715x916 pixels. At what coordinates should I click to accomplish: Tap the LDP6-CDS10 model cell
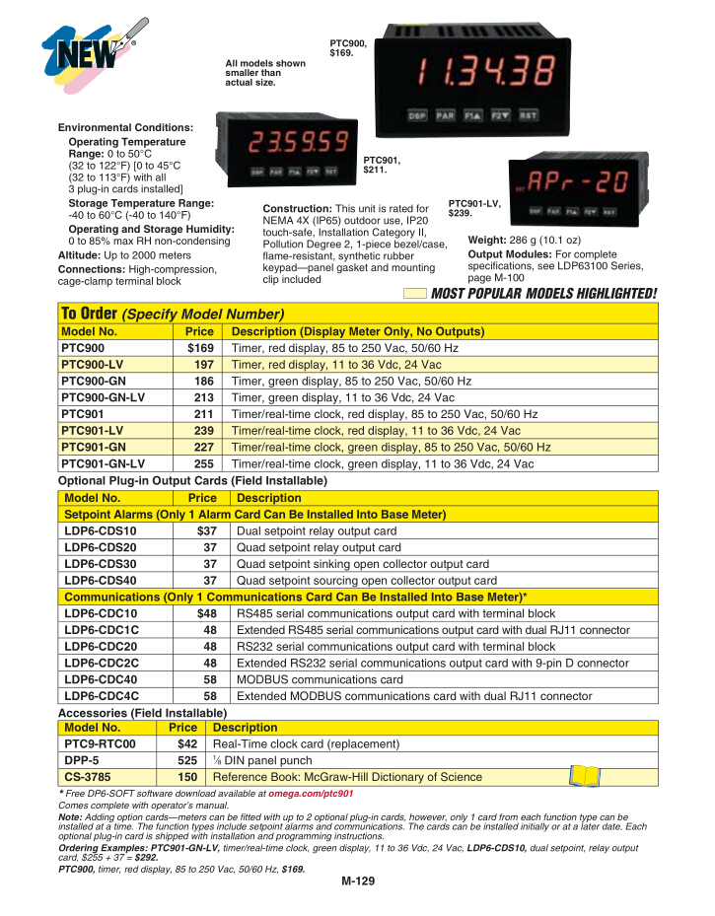click(101, 530)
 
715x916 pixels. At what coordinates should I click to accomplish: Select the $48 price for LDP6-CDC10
click(208, 613)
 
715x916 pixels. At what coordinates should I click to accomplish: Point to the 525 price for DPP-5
click(186, 760)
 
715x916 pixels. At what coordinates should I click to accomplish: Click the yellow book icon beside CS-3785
click(584, 776)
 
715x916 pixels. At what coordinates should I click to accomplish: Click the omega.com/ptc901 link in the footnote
click(313, 793)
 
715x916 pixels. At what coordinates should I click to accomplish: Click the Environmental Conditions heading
click(125, 128)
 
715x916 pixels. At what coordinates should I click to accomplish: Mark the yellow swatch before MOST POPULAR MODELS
click(415, 293)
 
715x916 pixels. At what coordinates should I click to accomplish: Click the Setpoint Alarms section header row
click(254, 514)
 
